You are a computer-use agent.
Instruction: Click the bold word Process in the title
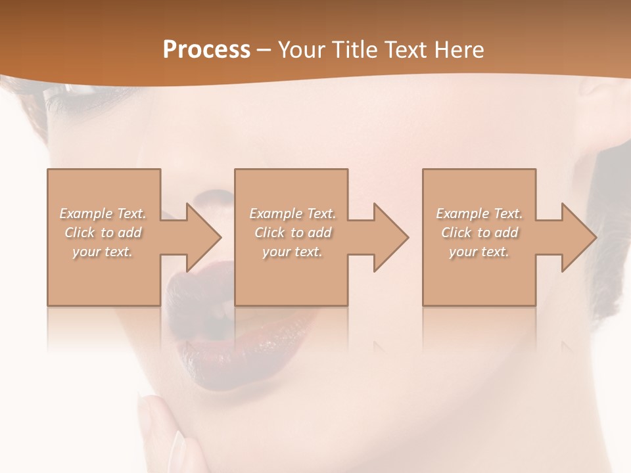click(x=206, y=50)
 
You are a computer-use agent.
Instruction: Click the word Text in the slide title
click(x=406, y=50)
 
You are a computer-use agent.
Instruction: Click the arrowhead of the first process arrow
click(x=204, y=237)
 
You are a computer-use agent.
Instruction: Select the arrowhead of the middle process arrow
click(x=391, y=237)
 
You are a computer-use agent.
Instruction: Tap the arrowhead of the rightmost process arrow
click(x=579, y=237)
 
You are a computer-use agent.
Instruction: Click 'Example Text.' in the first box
click(x=103, y=214)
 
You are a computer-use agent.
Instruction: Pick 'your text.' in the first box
click(x=103, y=252)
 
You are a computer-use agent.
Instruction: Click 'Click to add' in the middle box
click(x=292, y=233)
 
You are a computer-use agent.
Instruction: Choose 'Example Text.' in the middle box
click(x=292, y=214)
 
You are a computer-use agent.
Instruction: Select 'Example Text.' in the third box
click(x=479, y=214)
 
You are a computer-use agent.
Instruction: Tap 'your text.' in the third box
click(x=479, y=252)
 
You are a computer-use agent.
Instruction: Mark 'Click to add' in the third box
click(x=479, y=233)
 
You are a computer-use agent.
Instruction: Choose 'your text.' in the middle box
click(x=292, y=252)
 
